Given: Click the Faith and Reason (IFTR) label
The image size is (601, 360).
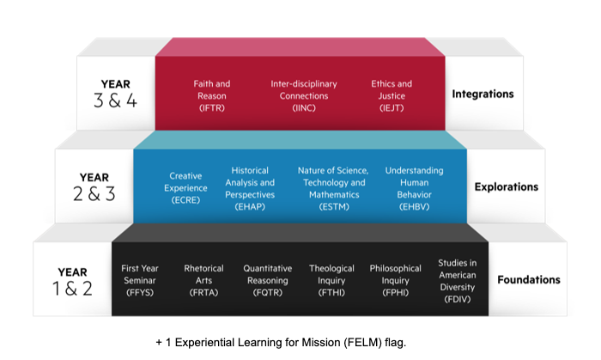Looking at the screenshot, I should click(x=211, y=95).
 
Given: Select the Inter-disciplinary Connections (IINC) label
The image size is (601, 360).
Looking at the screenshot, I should click(x=303, y=95).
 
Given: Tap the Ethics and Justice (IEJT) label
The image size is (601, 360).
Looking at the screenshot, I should click(x=392, y=95).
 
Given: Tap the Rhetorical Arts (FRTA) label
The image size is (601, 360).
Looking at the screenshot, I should click(x=203, y=280).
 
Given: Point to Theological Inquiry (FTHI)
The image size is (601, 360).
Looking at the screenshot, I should click(x=331, y=280).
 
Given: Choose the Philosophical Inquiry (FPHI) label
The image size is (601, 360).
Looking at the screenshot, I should click(x=396, y=280).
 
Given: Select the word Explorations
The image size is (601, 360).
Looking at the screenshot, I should click(x=507, y=186).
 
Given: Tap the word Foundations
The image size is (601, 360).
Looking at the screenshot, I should click(x=528, y=279).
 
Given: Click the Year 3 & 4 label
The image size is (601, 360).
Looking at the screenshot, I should click(x=115, y=94).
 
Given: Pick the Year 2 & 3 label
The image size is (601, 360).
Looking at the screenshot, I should click(x=94, y=186).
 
